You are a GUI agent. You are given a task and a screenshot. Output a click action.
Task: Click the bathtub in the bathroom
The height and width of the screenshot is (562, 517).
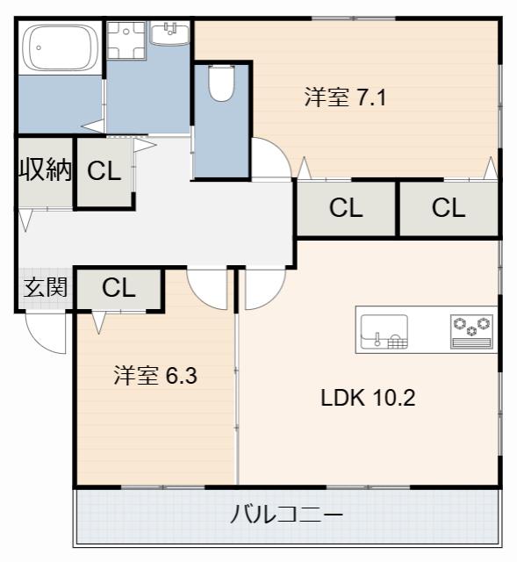coord(60,47)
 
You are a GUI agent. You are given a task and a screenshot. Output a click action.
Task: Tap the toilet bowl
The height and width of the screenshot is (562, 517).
coord(221,83)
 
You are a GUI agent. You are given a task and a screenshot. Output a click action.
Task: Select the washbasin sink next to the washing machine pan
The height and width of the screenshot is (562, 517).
coord(169,33)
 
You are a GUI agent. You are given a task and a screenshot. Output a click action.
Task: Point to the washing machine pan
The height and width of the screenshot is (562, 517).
coord(126,40)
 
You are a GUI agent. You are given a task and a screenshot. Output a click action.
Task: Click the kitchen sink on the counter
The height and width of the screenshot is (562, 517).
coord(384,332)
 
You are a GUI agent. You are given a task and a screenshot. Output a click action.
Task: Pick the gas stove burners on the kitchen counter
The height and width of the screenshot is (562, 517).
coord(471,332)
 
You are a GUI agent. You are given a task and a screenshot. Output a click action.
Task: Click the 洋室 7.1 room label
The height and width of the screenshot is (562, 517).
coord(345,97)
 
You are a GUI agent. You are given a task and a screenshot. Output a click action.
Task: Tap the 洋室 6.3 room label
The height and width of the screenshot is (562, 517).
coord(155,376)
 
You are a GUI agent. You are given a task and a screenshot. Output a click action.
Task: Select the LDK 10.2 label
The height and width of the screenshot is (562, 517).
coord(368,398)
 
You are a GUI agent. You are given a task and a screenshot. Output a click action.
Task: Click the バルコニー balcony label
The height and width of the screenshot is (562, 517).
coord(287,515)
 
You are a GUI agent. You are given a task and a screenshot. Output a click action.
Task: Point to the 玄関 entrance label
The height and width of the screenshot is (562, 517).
coord(46,287)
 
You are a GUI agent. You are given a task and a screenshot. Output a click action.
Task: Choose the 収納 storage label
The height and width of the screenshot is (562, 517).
coord(46,169)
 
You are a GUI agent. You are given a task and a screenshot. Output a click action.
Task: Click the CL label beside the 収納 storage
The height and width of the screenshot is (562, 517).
coord(104,171)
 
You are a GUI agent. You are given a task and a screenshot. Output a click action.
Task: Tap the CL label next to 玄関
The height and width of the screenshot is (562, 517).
coord(118,287)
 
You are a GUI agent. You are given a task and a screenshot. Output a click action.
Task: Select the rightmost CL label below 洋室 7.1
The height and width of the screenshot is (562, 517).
coord(449,208)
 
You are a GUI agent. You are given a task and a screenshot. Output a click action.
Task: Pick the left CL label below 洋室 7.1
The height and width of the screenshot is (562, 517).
coord(346,208)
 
